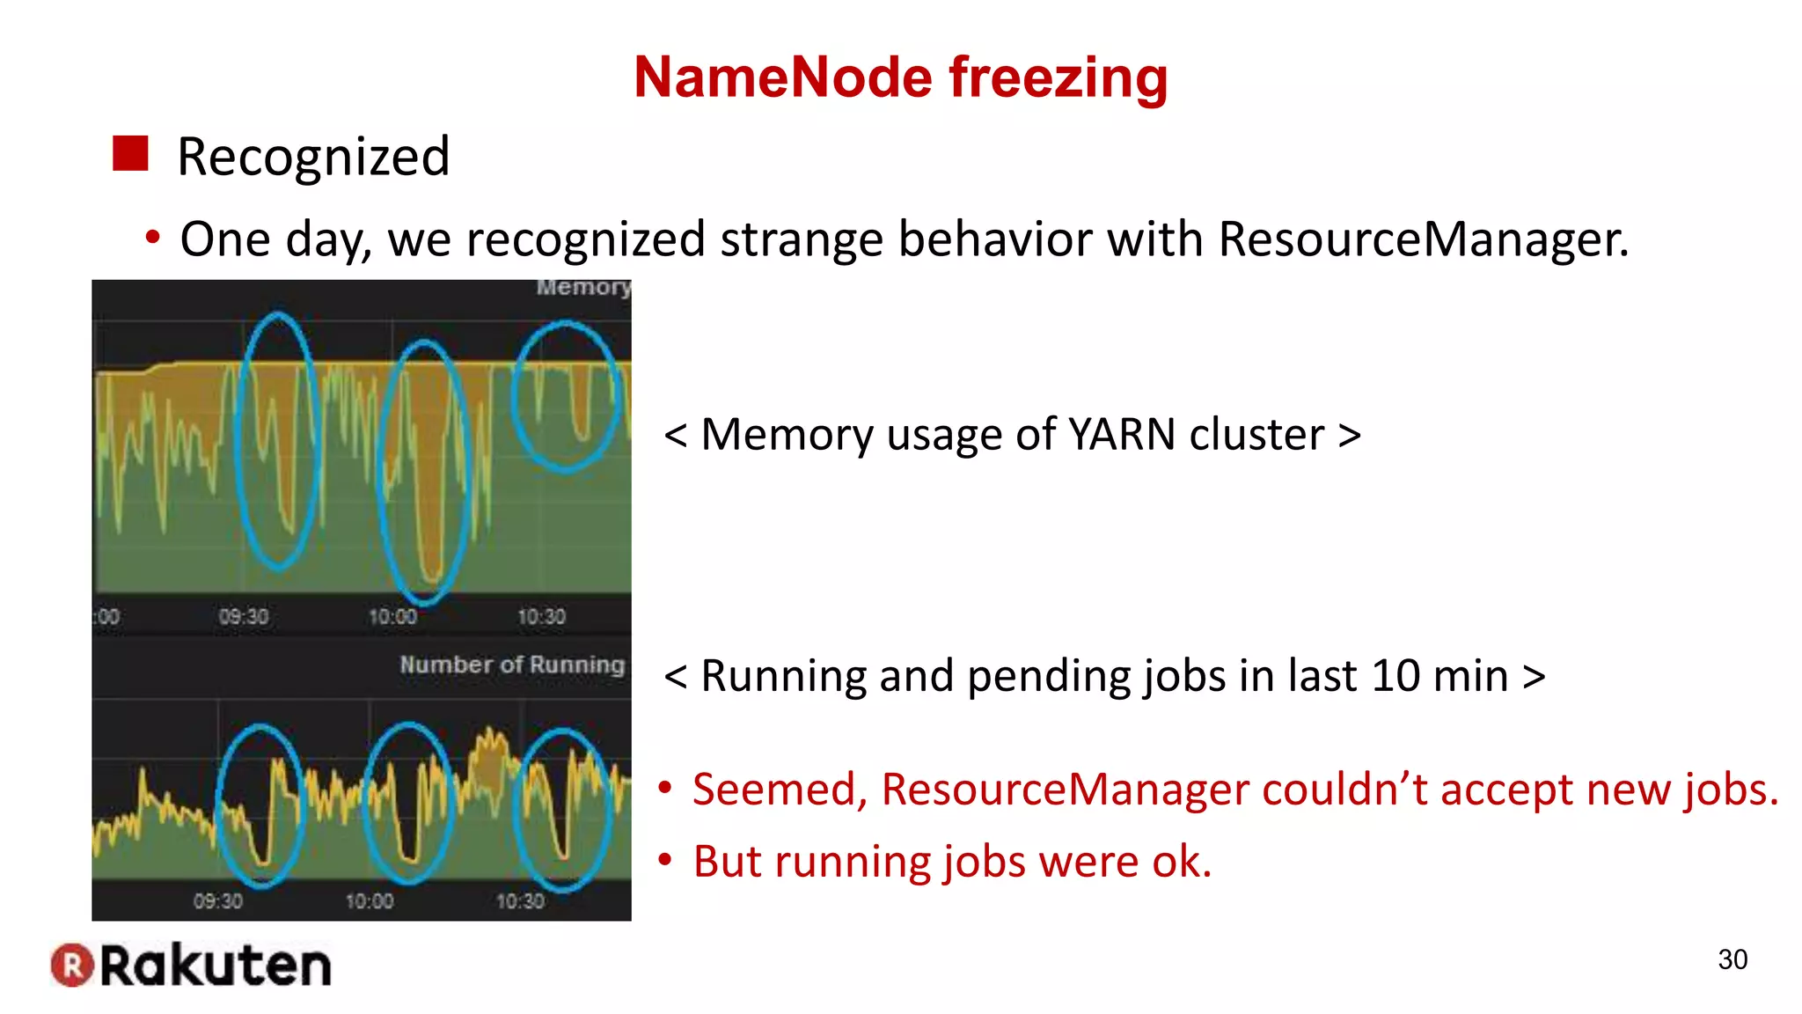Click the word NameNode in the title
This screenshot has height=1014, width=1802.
coord(782,77)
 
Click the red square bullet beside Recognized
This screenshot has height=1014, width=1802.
coord(130,154)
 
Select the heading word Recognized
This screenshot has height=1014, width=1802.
coord(313,157)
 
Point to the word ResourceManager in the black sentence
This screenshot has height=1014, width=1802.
coord(1423,239)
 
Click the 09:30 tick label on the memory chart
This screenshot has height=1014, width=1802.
coord(244,616)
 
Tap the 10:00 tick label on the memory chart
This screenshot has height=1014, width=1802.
coord(392,616)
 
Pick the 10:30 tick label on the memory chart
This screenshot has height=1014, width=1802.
coord(541,616)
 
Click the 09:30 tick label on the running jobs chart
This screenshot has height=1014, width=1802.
coord(218,900)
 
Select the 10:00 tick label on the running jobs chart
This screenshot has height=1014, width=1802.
coord(370,900)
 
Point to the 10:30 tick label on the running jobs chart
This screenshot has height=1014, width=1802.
coord(520,900)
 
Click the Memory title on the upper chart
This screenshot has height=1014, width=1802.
coord(583,288)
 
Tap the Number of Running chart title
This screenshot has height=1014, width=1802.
coord(512,665)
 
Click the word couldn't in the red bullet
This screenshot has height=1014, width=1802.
coord(1344,790)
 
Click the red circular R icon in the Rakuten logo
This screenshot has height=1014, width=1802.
coord(71,966)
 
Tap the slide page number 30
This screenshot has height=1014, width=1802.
coord(1732,959)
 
